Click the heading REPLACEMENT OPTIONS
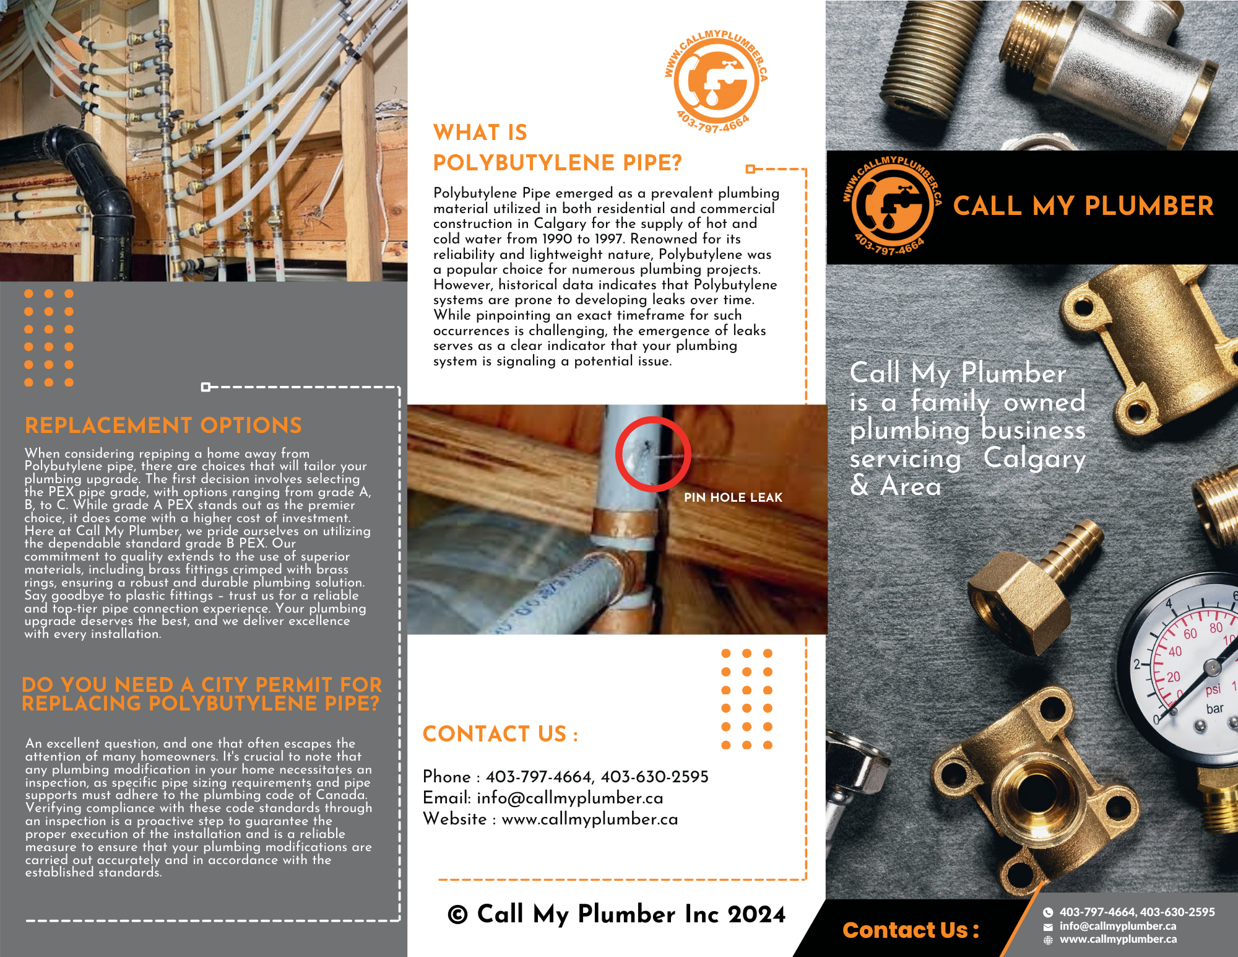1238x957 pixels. pos(163,426)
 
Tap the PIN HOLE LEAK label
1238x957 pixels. pos(733,497)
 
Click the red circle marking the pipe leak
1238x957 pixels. pos(652,454)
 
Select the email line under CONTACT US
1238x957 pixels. pos(543,798)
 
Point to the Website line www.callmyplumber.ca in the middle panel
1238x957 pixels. pos(550,819)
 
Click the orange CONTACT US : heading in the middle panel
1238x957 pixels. pos(500,734)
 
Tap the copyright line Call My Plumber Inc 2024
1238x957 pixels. pos(617,914)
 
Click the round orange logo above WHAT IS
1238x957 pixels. pos(716,81)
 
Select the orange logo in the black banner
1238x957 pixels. pos(892,206)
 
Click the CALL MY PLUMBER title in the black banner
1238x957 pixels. pos(1083,206)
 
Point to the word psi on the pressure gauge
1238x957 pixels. pos(1213,689)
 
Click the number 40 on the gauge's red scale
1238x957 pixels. pos(1175,651)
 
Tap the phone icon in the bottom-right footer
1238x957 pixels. pos(1048,912)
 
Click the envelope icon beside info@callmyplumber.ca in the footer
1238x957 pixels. pos(1048,927)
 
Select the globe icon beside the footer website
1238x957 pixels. pos(1048,940)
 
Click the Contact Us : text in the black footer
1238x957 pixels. pos(911,930)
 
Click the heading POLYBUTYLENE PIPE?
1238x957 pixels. pos(557,163)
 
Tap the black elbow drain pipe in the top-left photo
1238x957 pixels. pos(93,180)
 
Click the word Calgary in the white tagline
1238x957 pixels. pos(1034,458)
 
